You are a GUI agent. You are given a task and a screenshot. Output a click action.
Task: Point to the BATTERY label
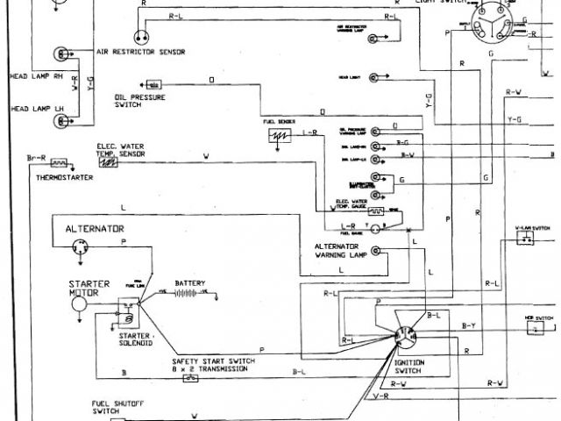[x=189, y=283]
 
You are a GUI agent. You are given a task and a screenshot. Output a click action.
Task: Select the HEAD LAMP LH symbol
[x=60, y=109]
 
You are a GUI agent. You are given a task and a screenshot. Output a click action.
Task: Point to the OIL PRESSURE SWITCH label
[x=134, y=100]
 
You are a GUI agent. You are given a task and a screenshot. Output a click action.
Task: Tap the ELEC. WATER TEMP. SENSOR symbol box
[x=108, y=162]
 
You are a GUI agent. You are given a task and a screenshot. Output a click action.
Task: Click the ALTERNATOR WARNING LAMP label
[x=331, y=252]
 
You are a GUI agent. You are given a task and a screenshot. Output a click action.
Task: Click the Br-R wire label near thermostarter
[x=36, y=158]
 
